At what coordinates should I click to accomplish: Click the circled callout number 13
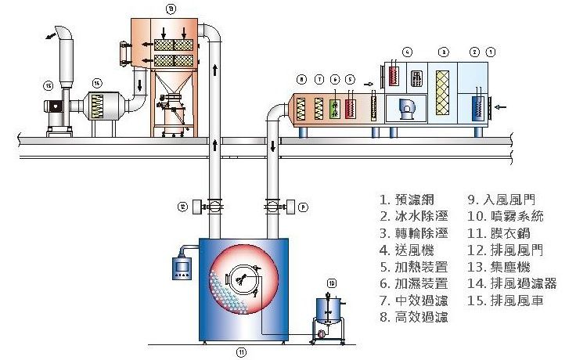[171, 8]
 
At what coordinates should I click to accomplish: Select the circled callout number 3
[443, 52]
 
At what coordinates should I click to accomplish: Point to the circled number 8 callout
[301, 80]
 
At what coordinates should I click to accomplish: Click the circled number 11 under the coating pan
[242, 352]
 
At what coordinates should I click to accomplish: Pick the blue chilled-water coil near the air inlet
[477, 107]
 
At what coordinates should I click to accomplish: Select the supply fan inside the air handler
[407, 110]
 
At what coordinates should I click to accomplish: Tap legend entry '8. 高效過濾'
[414, 317]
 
